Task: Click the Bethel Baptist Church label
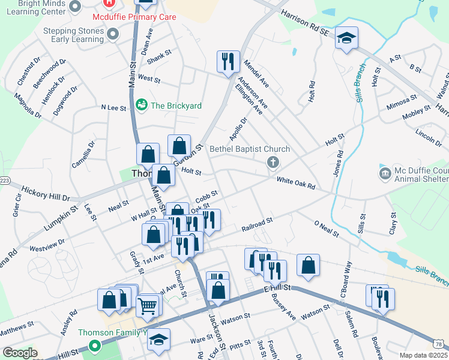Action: [250, 149]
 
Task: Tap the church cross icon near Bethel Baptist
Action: [273, 163]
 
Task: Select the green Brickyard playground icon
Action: [142, 106]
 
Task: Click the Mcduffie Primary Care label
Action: [138, 17]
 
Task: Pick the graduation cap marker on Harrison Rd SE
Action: [346, 39]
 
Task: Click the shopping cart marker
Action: [147, 306]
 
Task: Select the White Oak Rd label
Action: [295, 183]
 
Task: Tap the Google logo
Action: [19, 353]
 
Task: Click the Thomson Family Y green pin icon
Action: [94, 346]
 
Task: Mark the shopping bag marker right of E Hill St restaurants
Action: [308, 265]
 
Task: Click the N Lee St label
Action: [113, 108]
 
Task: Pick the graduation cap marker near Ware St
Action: [158, 340]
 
